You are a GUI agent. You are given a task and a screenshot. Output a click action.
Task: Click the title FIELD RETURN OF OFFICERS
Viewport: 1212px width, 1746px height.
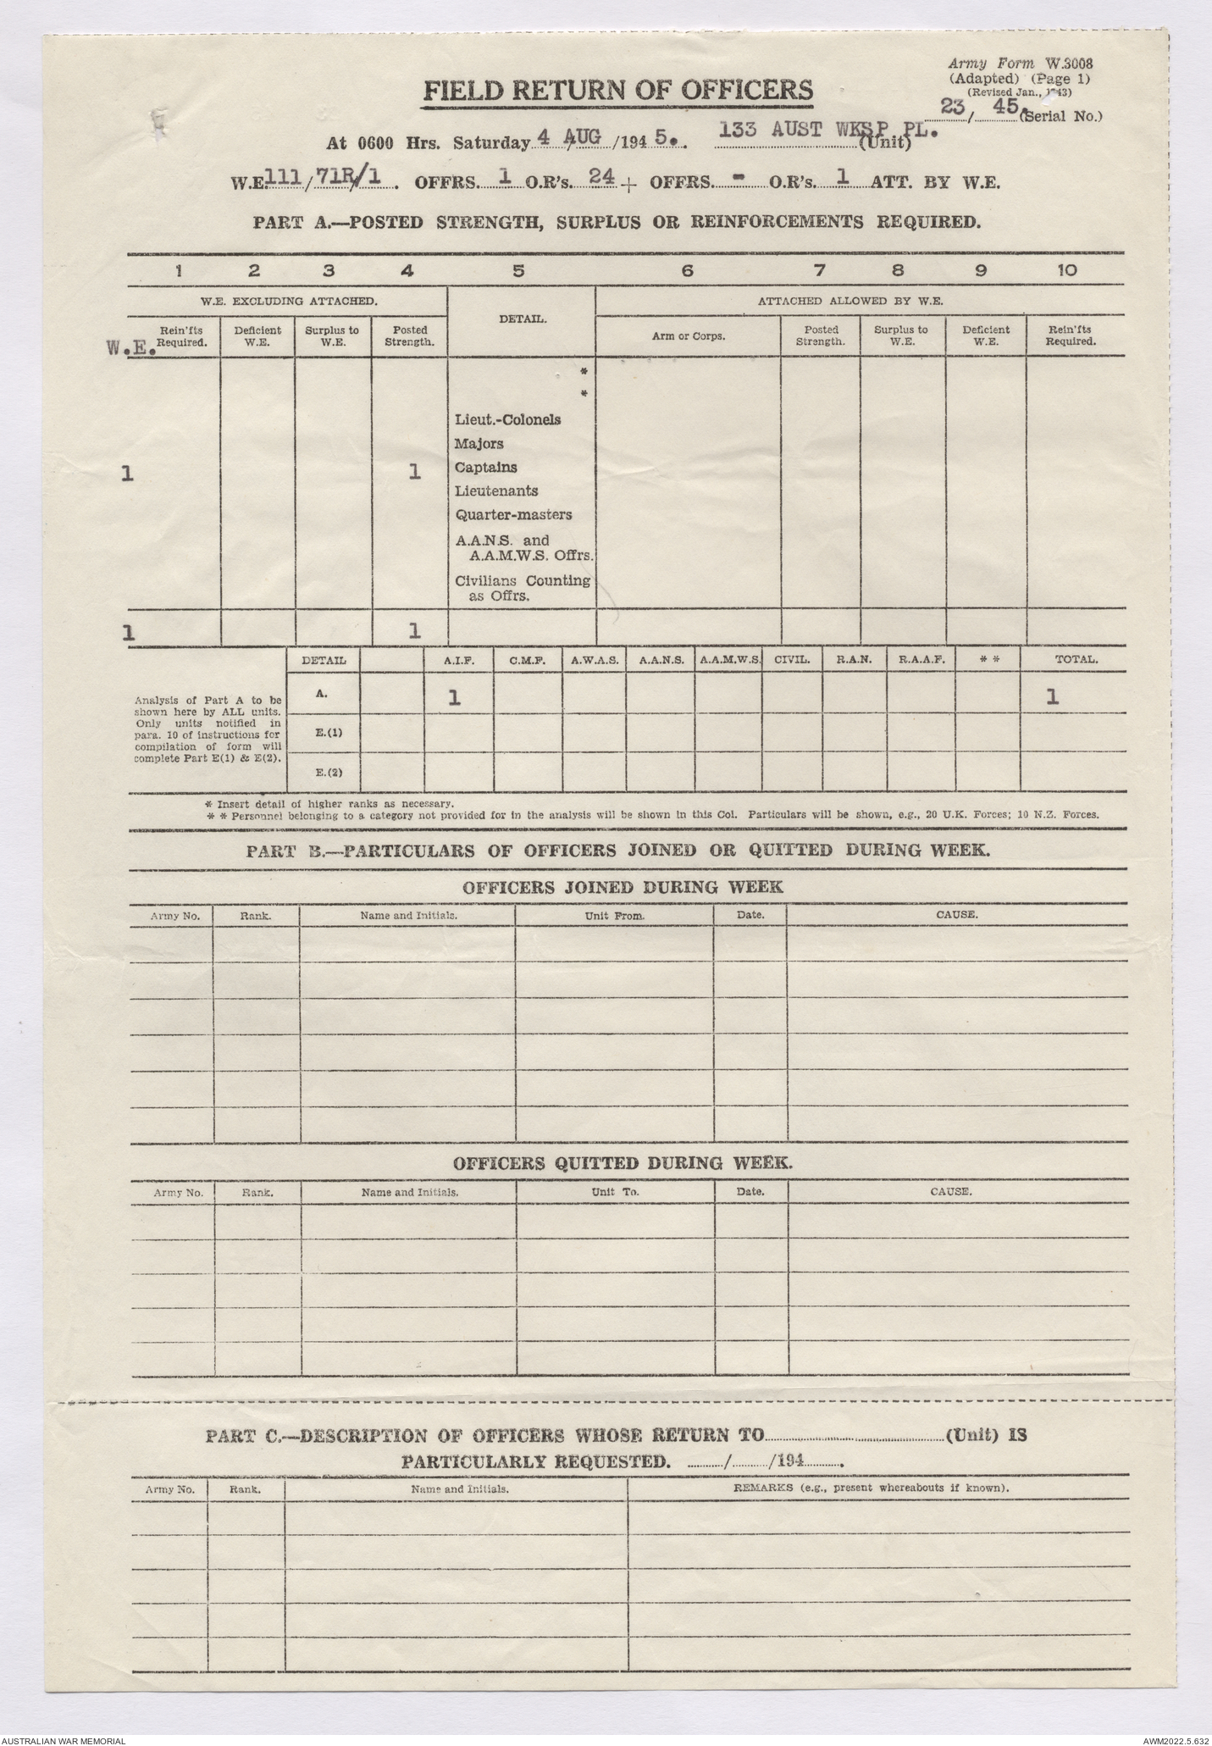[617, 91]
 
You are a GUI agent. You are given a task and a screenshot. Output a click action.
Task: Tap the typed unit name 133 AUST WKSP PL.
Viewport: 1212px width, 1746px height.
[827, 130]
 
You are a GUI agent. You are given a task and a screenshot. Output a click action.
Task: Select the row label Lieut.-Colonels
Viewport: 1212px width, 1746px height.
[508, 419]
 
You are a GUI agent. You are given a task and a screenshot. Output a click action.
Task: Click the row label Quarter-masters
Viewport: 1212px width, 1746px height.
[513, 514]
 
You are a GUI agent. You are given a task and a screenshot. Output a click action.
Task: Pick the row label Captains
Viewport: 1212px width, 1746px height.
[485, 467]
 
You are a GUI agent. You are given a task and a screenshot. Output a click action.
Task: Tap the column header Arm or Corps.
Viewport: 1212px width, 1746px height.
[688, 335]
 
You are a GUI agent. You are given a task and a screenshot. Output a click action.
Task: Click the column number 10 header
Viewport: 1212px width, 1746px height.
[1068, 271]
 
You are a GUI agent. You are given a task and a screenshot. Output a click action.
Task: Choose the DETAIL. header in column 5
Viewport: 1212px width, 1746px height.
[522, 319]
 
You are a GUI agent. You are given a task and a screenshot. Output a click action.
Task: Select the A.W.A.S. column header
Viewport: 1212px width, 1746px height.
[594, 659]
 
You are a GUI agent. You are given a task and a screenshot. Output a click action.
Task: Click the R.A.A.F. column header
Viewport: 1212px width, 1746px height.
[921, 659]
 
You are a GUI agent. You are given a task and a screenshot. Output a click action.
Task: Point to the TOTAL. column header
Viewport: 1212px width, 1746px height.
[1076, 659]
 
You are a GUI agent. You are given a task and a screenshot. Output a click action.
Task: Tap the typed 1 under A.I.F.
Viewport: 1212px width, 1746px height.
[454, 697]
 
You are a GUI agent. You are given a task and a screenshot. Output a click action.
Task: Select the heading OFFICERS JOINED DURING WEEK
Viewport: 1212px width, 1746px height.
[623, 888]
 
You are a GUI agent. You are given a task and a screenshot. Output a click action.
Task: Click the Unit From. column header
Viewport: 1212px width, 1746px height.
[614, 916]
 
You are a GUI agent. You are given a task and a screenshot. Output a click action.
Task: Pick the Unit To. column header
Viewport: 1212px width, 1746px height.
[615, 1191]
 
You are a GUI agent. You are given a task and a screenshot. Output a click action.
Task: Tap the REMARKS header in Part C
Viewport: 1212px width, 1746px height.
[871, 1488]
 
